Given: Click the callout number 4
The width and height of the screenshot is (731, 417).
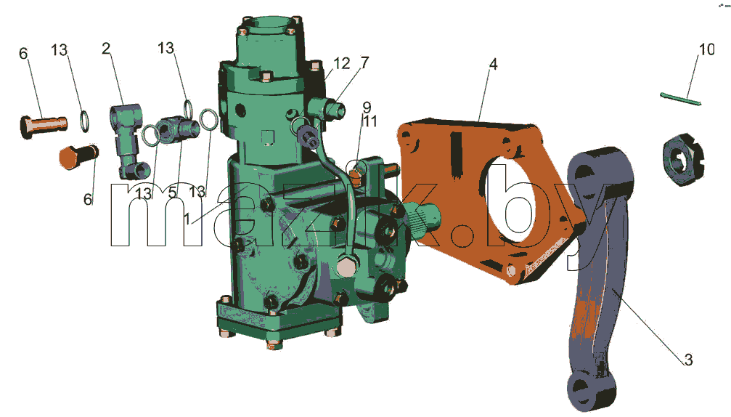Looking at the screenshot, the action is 493,64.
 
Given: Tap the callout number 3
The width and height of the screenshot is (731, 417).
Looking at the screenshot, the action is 688,360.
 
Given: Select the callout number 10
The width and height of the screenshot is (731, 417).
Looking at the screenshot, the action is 707,49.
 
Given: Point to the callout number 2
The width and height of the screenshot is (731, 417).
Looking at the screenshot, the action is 106,48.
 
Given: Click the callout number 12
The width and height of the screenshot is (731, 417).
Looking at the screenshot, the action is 342,63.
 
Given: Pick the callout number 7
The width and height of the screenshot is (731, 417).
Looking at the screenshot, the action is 364,62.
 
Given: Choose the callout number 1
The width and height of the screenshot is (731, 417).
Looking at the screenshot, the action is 187,219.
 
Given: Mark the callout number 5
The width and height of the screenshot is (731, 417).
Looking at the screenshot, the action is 173,193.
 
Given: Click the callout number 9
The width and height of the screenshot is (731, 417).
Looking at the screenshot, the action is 367,108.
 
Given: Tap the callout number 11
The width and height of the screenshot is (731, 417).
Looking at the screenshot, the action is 370,121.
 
